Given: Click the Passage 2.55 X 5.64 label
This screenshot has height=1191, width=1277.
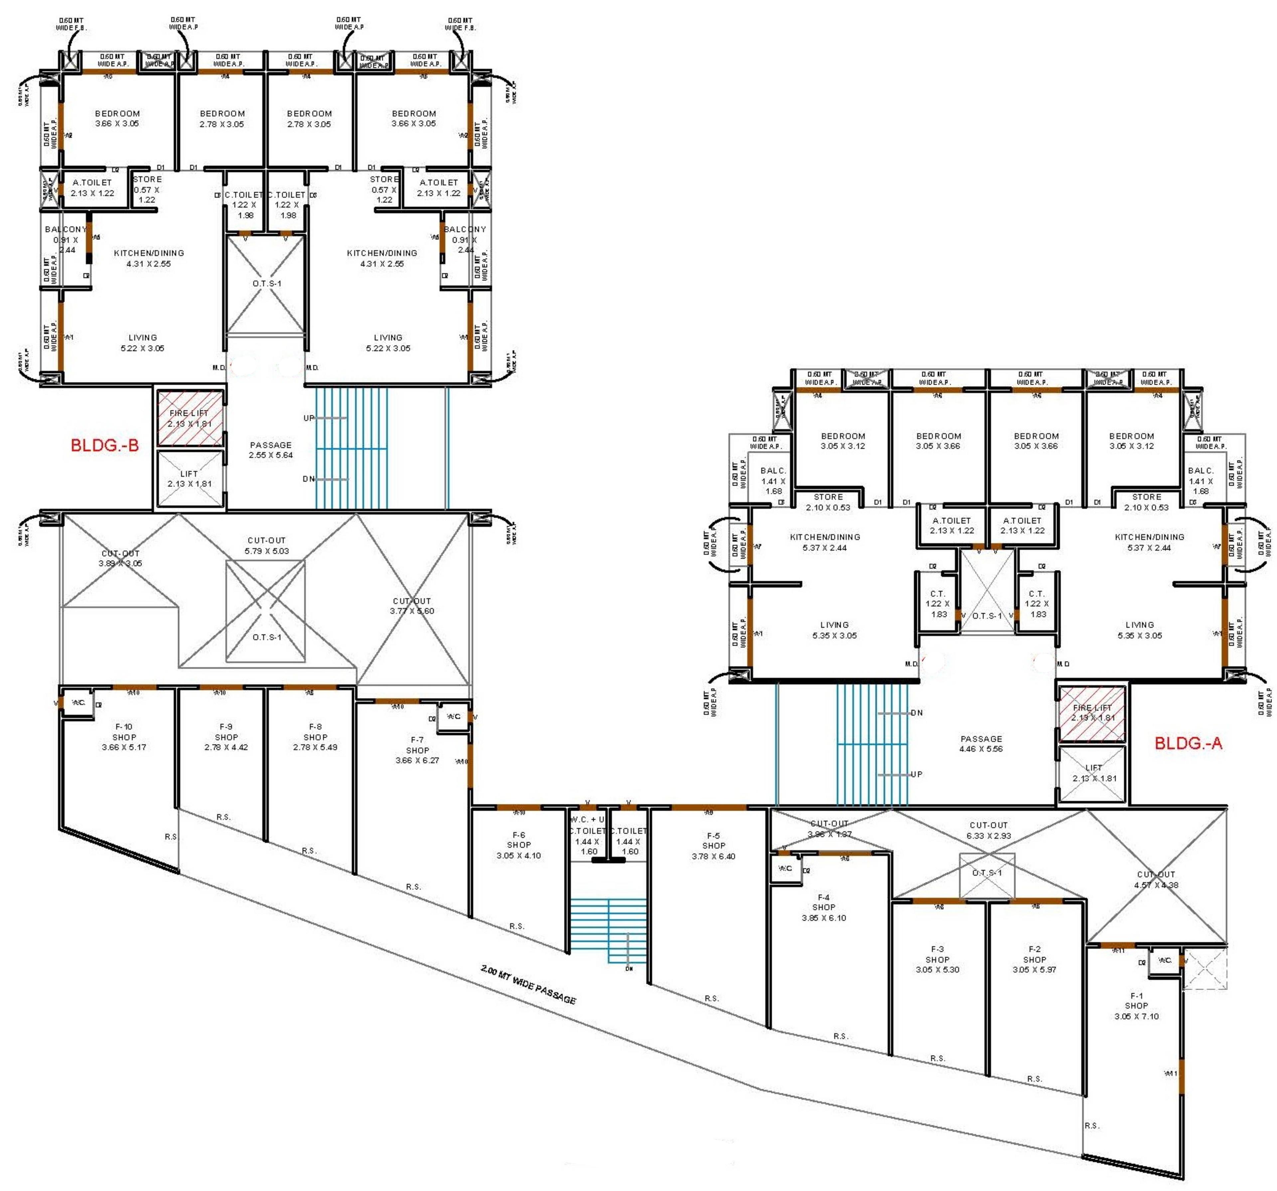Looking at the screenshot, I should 270,450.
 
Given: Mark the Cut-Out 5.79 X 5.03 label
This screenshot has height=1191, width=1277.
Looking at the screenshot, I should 267,545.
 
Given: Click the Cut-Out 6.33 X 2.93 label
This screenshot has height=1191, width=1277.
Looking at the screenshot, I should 989,830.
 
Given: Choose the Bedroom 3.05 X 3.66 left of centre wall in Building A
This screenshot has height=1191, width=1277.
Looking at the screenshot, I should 938,441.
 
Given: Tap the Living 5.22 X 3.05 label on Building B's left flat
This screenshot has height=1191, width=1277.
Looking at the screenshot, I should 143,342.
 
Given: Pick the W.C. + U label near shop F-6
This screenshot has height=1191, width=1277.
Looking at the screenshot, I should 587,820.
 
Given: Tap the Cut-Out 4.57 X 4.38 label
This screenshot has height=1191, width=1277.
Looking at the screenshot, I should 1156,879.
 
